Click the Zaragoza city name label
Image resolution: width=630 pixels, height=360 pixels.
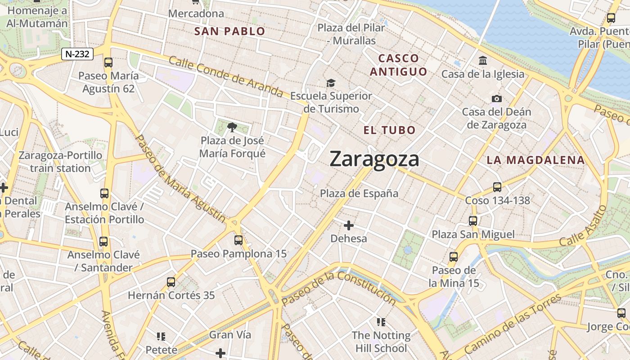click(374, 159)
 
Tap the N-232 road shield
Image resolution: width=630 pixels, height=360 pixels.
click(77, 54)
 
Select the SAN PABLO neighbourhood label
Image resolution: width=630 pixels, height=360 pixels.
click(229, 31)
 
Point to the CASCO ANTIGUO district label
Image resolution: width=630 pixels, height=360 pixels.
click(398, 65)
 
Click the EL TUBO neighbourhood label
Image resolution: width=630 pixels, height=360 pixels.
click(390, 130)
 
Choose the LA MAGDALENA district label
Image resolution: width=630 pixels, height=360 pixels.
click(535, 160)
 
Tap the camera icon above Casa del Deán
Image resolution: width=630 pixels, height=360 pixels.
click(496, 99)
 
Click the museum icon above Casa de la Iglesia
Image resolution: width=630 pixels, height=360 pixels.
click(483, 60)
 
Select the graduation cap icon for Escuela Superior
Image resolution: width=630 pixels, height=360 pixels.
click(331, 83)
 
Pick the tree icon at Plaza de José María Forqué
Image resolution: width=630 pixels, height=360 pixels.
click(232, 127)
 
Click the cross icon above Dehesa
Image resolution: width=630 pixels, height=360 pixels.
click(349, 225)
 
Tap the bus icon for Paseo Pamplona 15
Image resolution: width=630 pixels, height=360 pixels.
click(238, 240)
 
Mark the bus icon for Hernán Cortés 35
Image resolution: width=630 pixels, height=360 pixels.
click(171, 282)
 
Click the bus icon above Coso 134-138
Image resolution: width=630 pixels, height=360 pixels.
click(497, 187)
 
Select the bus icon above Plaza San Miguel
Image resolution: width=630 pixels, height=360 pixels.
click(472, 220)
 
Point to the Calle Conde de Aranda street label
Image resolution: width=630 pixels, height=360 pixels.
click(226, 76)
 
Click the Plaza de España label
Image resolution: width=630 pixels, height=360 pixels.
click(359, 193)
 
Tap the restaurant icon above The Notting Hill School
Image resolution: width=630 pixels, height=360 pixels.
click(381, 322)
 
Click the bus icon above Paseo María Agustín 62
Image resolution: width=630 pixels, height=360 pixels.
click(108, 63)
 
